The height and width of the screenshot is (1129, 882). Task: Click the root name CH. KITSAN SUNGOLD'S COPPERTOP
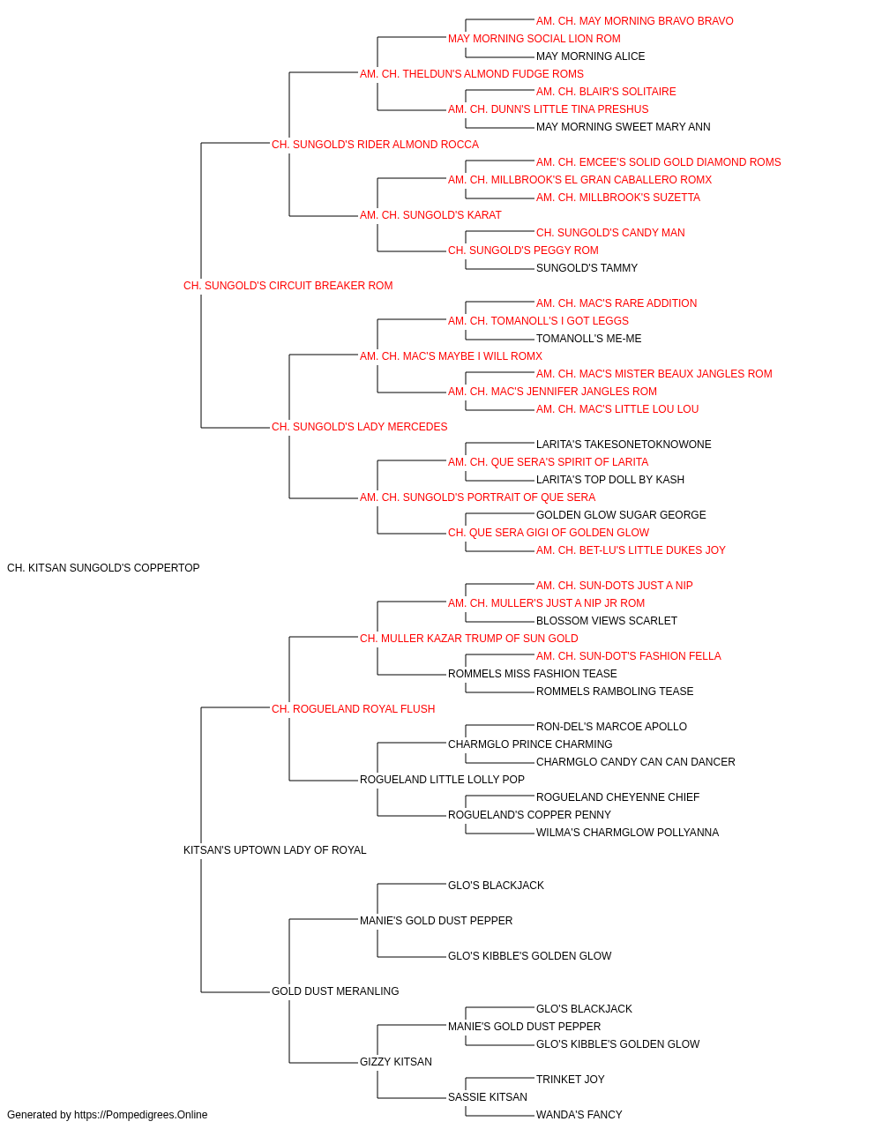(x=103, y=568)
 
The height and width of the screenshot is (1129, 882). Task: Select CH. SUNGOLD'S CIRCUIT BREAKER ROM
(x=288, y=286)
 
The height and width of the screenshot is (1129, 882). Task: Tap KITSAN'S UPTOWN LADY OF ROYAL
(x=275, y=850)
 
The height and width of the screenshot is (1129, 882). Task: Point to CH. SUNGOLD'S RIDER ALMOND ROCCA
(x=375, y=145)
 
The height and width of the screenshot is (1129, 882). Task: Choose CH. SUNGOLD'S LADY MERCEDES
(x=360, y=427)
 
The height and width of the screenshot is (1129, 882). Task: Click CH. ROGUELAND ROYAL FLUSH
(x=353, y=708)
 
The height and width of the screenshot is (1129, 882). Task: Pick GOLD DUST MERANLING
(x=335, y=991)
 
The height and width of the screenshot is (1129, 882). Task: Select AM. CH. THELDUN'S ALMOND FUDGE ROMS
(x=472, y=74)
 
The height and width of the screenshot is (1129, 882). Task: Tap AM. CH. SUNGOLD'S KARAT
(x=430, y=215)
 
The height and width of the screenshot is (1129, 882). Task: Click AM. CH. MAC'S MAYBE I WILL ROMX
(x=451, y=355)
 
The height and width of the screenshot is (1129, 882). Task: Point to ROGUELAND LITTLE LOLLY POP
(x=442, y=780)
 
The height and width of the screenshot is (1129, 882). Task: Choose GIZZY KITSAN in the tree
(x=396, y=1061)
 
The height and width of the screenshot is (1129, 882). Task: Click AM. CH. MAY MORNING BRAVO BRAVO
(x=635, y=21)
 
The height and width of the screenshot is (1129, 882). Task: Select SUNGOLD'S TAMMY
(x=587, y=268)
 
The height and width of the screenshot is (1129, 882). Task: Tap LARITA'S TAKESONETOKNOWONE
(x=624, y=445)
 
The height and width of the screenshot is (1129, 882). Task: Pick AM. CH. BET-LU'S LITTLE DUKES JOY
(x=631, y=550)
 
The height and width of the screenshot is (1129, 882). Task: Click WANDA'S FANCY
(x=579, y=1115)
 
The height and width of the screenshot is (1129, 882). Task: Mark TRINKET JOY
(x=571, y=1079)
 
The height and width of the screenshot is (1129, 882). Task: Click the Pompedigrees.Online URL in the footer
(x=141, y=1115)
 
